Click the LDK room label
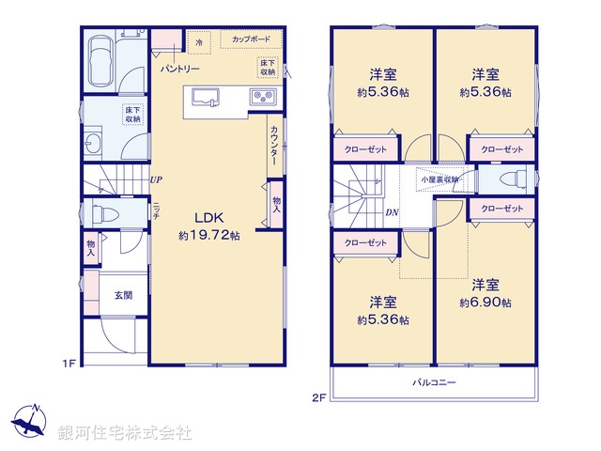tap(208, 218)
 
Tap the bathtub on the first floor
tap(98, 64)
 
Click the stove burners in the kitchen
tap(260, 98)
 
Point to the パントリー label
tap(177, 70)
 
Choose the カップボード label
tap(245, 40)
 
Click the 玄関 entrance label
tap(123, 295)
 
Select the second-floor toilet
tap(510, 179)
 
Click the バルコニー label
tap(434, 383)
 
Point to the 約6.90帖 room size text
tap(485, 303)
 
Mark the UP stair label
tap(155, 179)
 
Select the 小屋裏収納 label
tap(439, 179)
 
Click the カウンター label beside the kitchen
tap(273, 147)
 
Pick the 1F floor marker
tap(69, 363)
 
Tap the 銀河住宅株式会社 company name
tap(125, 433)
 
